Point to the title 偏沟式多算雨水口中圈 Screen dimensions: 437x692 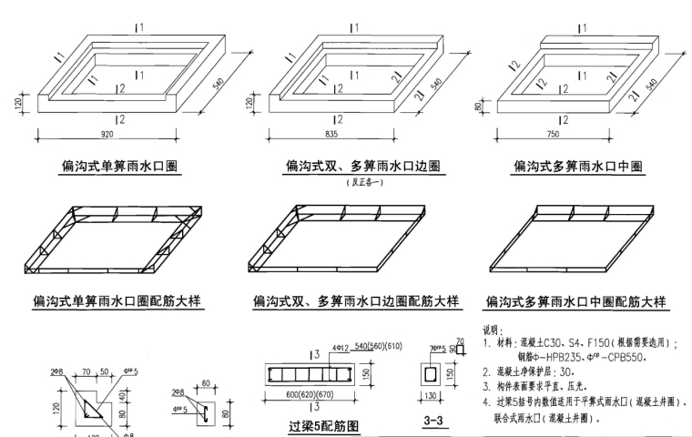tap(578, 167)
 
